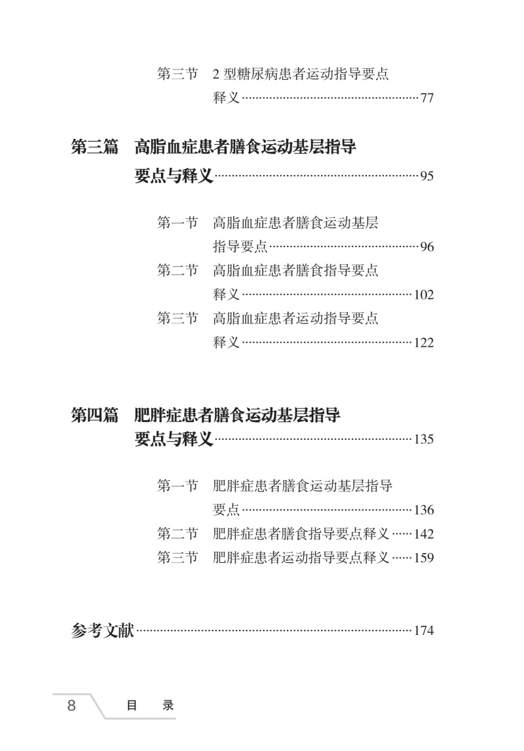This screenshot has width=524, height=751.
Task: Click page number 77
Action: pos(427,99)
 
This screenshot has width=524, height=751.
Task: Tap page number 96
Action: pos(427,247)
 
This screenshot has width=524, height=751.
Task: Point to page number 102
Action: pos(424,295)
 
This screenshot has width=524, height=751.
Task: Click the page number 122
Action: pos(424,343)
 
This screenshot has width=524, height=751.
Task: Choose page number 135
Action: pos(424,440)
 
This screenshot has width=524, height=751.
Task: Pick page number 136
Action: pos(424,510)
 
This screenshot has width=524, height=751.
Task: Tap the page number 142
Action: pos(424,534)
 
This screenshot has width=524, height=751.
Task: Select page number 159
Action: pos(424,558)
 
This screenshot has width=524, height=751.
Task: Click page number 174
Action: pos(424,631)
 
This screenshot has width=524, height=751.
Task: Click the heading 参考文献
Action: pos(102,630)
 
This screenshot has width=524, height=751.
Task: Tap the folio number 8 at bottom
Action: pos(71,706)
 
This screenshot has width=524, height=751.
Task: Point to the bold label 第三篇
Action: pos(94,147)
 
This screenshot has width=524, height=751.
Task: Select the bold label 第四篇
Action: pos(94,415)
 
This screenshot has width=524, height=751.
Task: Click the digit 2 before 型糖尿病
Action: pos(217,75)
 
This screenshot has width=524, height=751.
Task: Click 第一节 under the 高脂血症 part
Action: pos(177,223)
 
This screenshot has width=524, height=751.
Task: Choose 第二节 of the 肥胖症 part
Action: pos(177,533)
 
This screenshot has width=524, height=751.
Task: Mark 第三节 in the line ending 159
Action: pos(177,558)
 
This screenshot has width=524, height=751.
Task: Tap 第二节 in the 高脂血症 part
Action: pos(177,271)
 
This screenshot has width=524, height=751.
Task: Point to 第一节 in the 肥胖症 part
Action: pos(177,486)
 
